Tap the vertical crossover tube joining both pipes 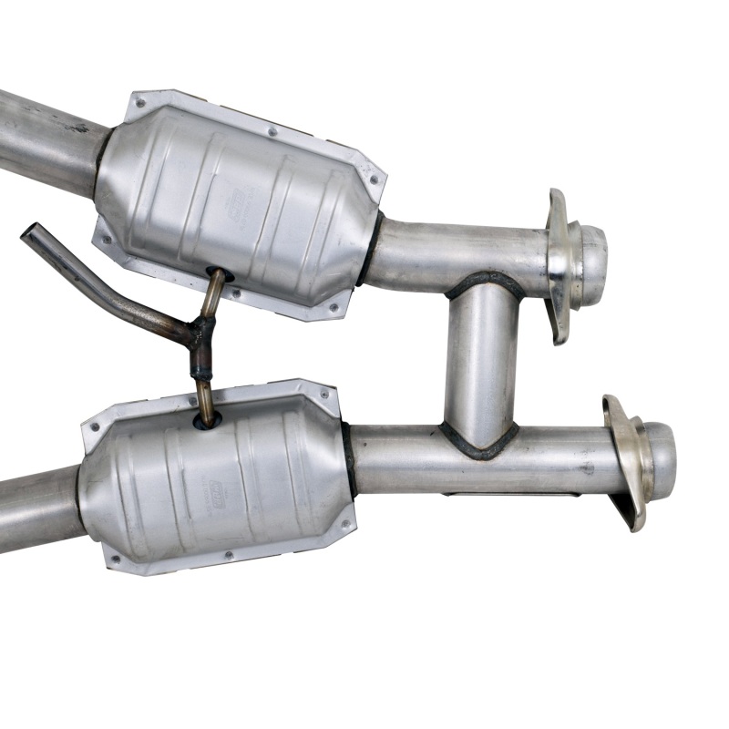(x=481, y=364)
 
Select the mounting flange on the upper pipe (x=558, y=264)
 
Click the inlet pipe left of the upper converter (x=46, y=137)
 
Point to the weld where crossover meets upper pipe (x=484, y=282)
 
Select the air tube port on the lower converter (x=207, y=422)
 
